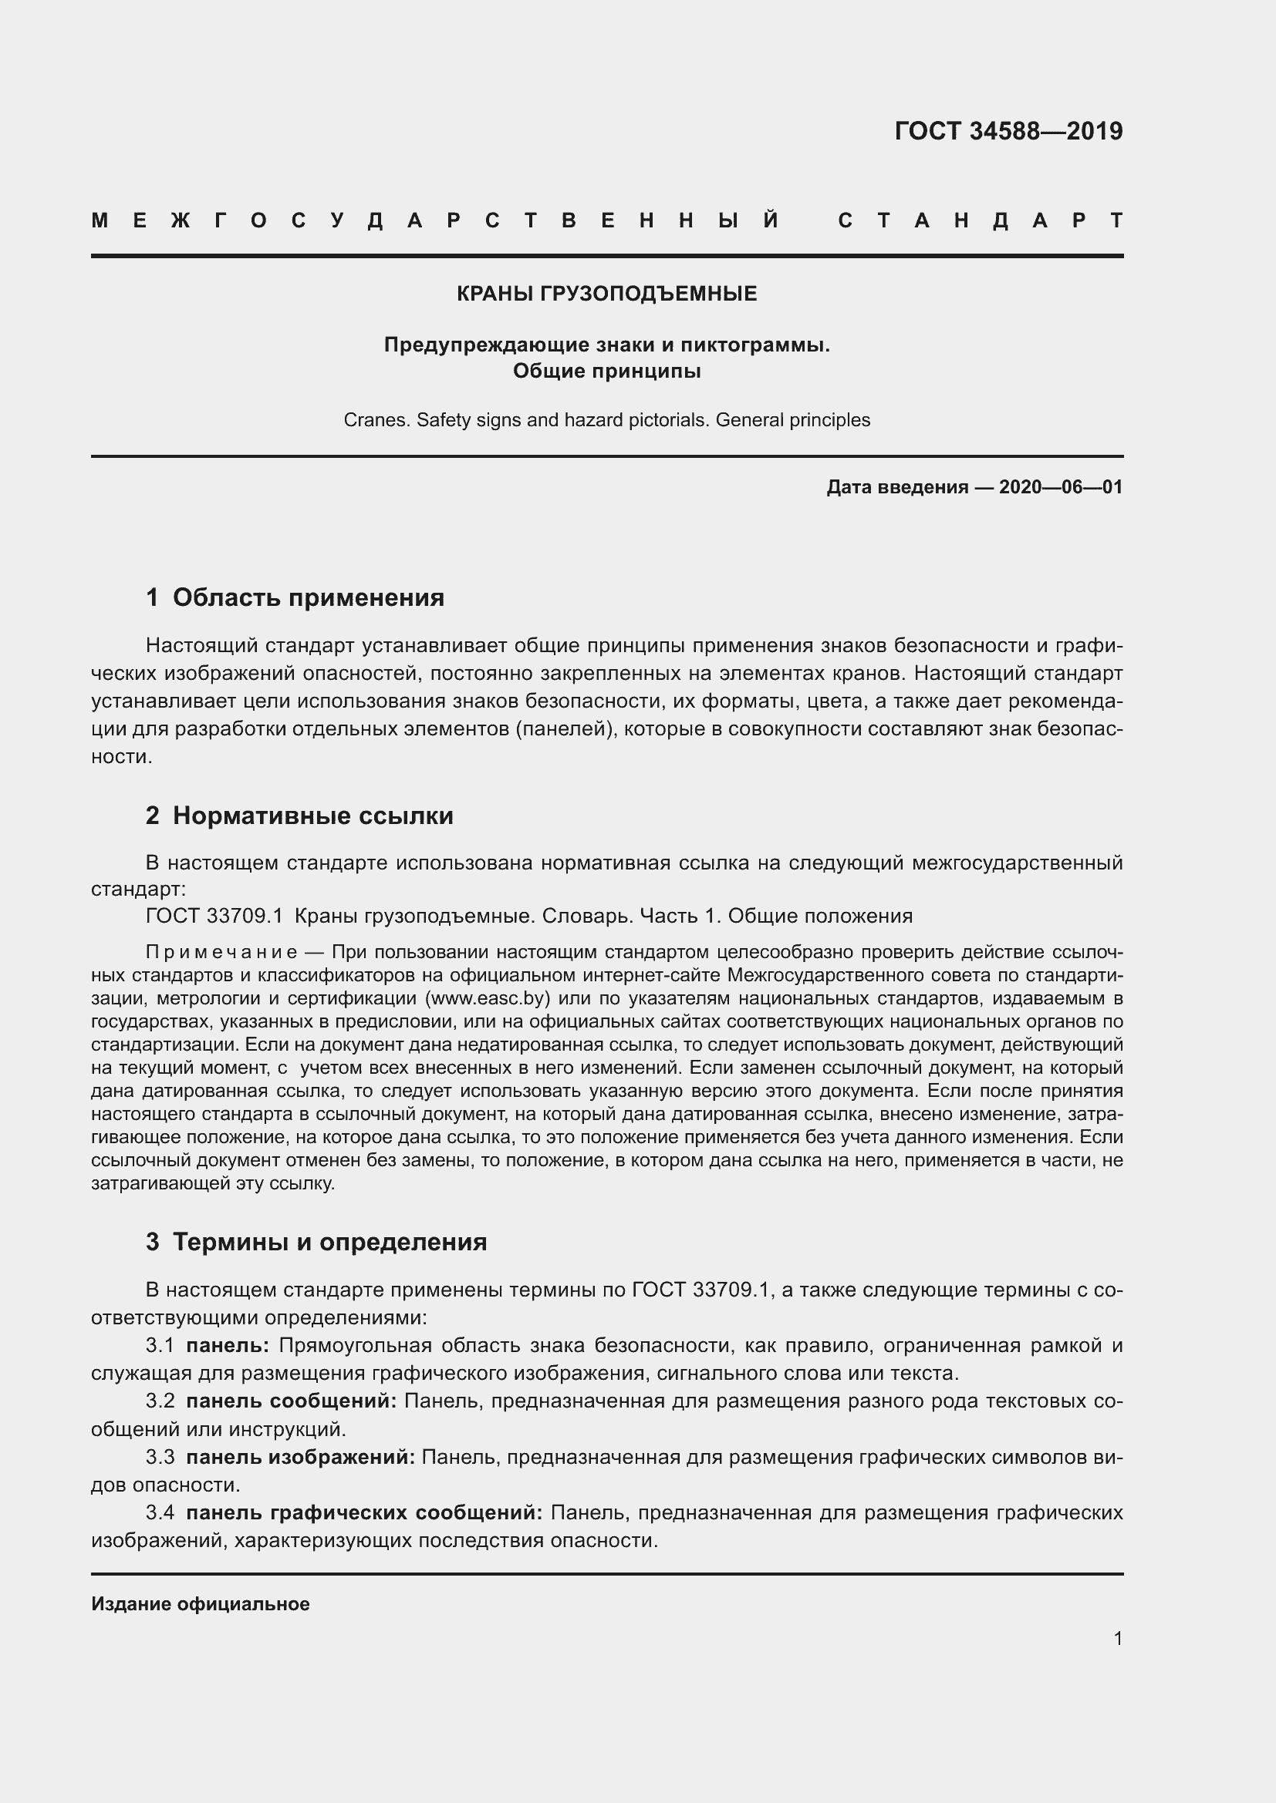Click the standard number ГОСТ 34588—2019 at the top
[1008, 131]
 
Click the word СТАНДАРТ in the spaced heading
[980, 220]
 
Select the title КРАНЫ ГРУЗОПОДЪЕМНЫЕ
[606, 294]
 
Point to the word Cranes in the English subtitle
[376, 420]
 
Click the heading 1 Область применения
[295, 597]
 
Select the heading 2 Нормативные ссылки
[299, 816]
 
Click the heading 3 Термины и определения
[316, 1242]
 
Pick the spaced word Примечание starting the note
[221, 953]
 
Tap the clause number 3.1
[160, 1345]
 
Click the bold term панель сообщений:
[292, 1401]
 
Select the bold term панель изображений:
[300, 1457]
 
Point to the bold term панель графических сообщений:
[364, 1512]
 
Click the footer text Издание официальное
[201, 1603]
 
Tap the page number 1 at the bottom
[1117, 1638]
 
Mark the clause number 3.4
[160, 1512]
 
